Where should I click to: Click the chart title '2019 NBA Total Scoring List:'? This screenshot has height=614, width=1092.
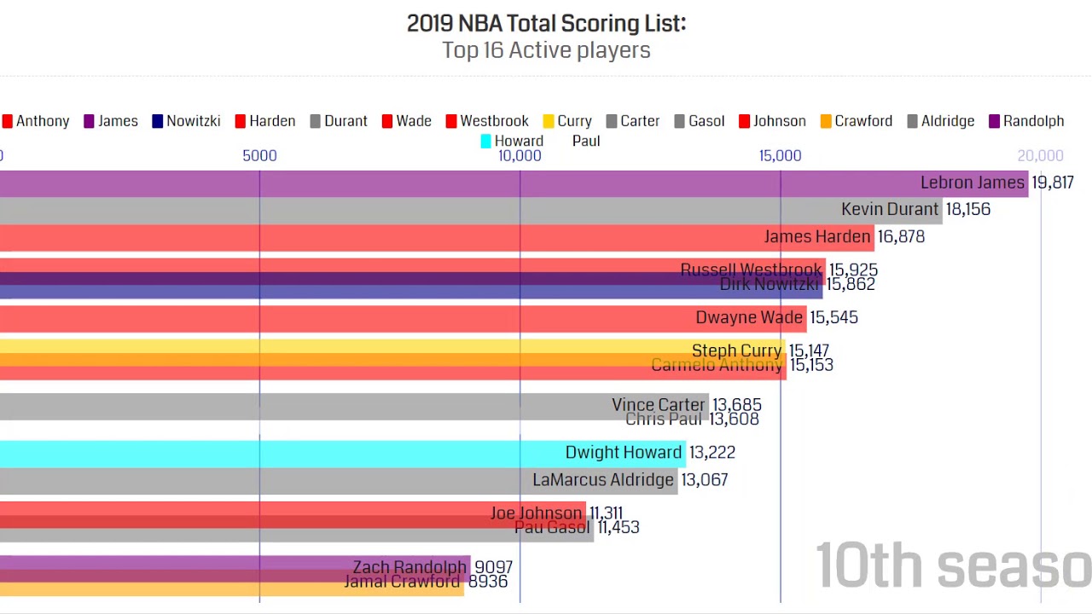(546, 23)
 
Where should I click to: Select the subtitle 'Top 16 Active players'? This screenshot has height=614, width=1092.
(546, 50)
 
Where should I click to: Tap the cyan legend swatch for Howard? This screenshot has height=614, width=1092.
(485, 142)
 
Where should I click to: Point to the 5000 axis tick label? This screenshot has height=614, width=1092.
(259, 155)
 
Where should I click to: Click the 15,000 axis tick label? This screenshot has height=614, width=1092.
(780, 155)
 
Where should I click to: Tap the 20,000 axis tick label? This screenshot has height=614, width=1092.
(1040, 155)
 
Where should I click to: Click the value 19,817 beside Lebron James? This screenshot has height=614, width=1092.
(1052, 182)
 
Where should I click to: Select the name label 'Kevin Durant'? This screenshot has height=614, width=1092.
(889, 210)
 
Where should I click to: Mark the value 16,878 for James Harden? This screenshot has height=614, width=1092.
(901, 237)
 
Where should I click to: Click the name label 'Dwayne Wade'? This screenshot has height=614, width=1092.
(748, 318)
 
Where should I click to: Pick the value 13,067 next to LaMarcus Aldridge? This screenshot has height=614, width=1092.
(704, 480)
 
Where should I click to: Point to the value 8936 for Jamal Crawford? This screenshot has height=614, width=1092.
(487, 582)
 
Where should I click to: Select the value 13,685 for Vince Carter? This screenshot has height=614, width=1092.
(736, 405)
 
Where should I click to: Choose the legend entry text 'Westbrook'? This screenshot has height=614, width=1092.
(494, 121)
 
